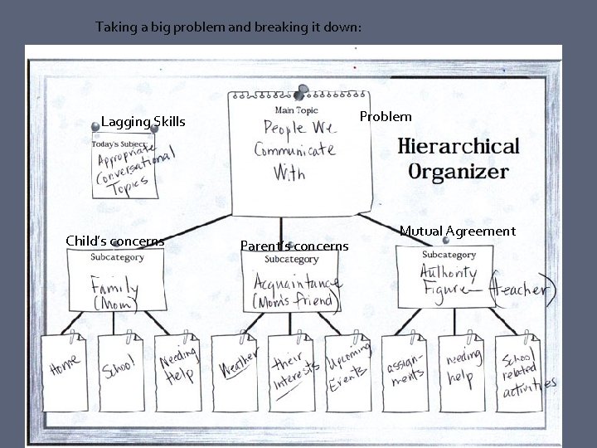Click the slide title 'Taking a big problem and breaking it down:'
click(228, 27)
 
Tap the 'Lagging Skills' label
click(143, 122)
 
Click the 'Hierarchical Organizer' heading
click(459, 158)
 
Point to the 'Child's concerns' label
click(114, 241)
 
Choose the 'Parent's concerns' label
click(294, 246)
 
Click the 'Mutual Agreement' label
click(457, 231)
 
